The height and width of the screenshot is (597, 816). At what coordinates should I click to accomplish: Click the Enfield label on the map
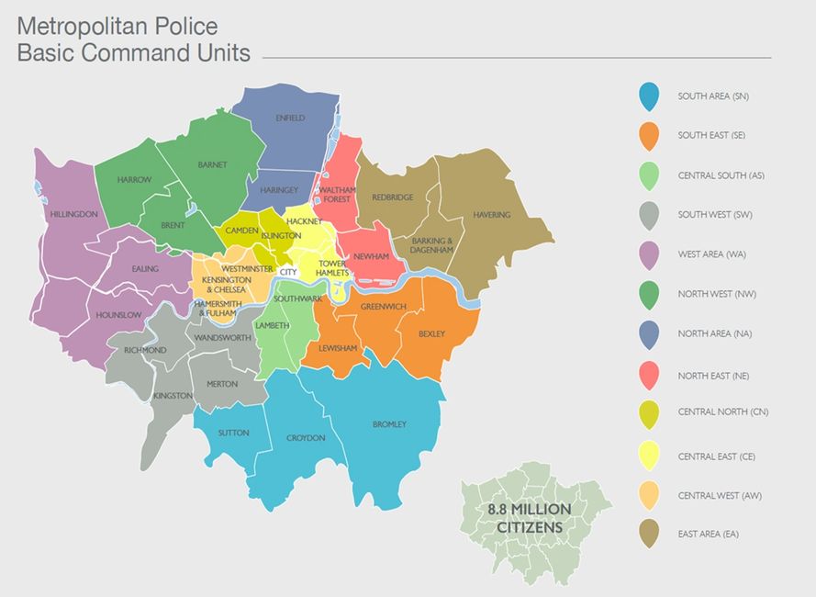coord(290,118)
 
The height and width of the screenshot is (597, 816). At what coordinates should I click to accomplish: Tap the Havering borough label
coord(491,215)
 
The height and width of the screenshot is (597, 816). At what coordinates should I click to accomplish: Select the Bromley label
coord(389,424)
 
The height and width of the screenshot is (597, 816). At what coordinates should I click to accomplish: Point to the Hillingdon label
coord(74,214)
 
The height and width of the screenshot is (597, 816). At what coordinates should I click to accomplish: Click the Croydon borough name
coord(306,438)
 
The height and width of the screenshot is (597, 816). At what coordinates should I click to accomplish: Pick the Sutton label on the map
coord(233,433)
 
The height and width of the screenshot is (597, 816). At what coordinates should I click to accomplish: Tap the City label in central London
coord(288,273)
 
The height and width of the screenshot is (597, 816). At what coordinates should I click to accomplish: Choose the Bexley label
coord(431,334)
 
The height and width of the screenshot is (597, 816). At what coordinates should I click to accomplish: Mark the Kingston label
coord(173,396)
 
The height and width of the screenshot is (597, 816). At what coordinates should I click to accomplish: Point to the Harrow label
coord(134,180)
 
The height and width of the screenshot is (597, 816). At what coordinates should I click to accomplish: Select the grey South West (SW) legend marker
coord(649,215)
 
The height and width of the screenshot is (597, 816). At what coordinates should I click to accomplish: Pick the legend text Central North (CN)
coord(722,412)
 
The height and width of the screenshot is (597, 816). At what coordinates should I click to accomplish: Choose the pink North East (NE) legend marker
coord(649,374)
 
